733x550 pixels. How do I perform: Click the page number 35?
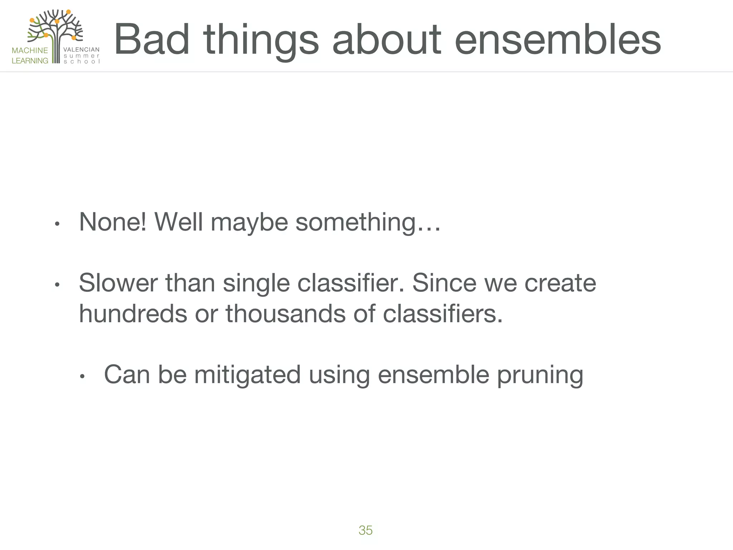365,530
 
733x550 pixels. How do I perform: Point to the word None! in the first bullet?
112,222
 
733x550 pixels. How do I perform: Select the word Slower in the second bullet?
118,283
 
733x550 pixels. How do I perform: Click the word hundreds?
133,313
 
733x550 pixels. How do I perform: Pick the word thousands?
285,313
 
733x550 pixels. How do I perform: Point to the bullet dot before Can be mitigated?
82,377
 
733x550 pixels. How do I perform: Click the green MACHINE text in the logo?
30,50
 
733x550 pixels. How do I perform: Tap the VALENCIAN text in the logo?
81,50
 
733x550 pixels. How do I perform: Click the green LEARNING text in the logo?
30,61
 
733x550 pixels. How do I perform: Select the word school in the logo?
81,62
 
